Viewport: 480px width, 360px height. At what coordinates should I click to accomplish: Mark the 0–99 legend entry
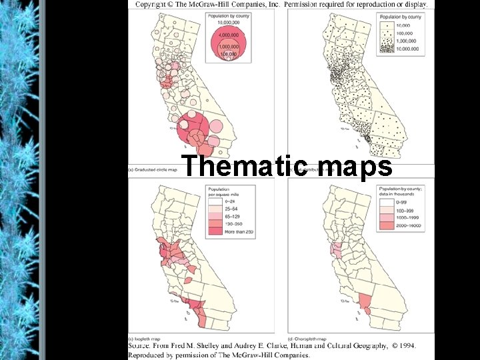tap(402, 200)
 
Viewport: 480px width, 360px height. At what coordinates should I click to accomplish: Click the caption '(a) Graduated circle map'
tap(153, 170)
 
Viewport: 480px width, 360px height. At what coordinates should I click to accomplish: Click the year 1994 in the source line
tap(404, 346)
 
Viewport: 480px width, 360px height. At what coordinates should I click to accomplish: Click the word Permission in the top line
tap(306, 4)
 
